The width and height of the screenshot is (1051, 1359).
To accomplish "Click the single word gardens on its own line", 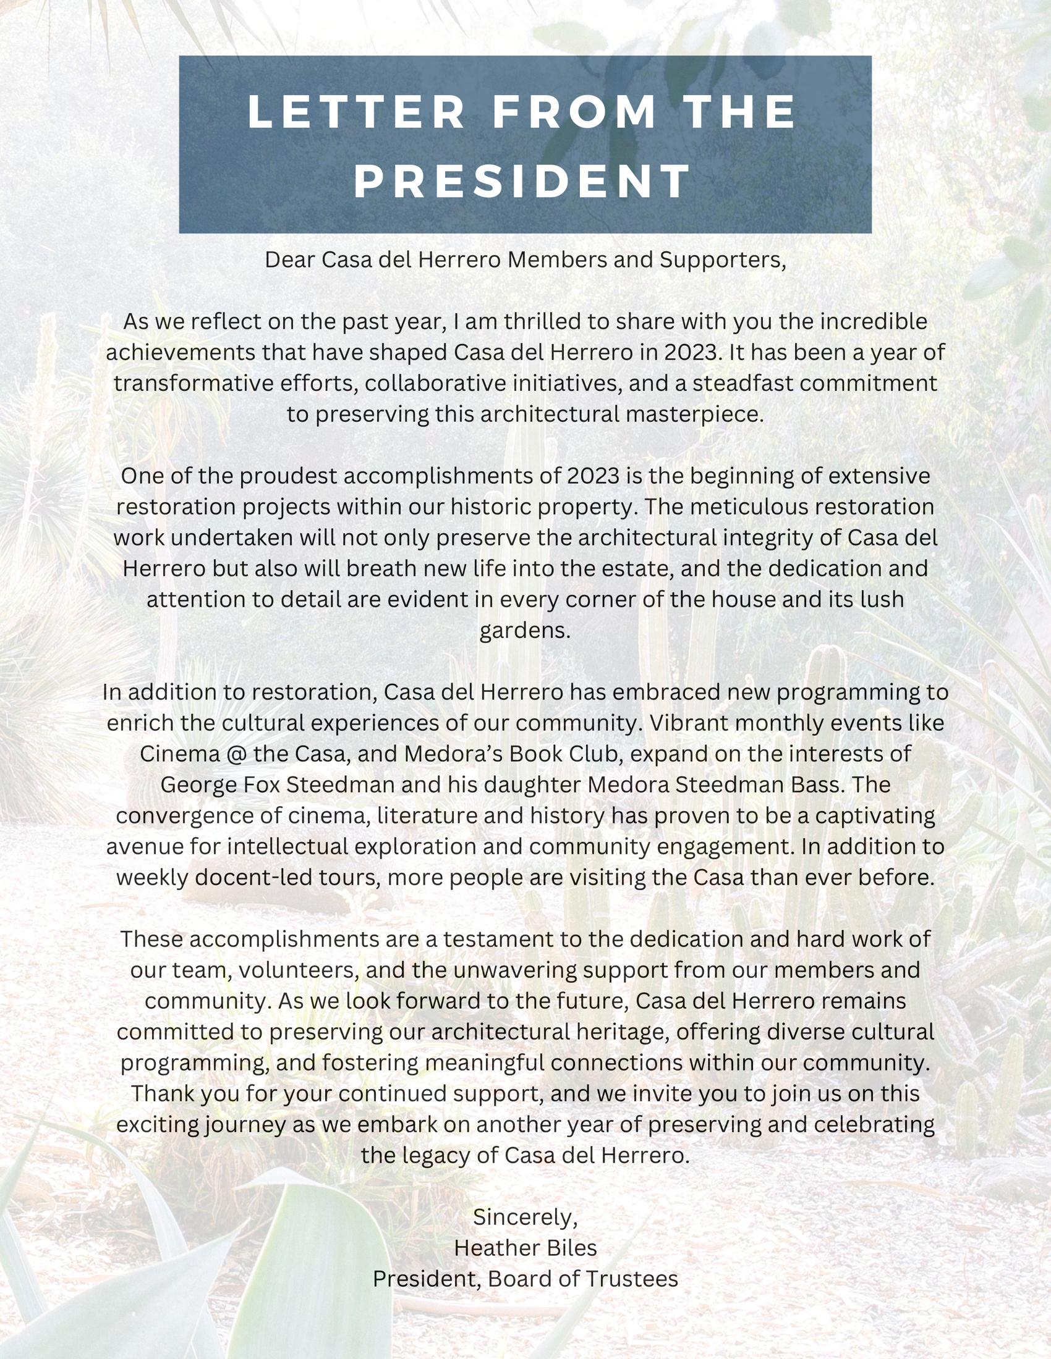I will pos(525,630).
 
